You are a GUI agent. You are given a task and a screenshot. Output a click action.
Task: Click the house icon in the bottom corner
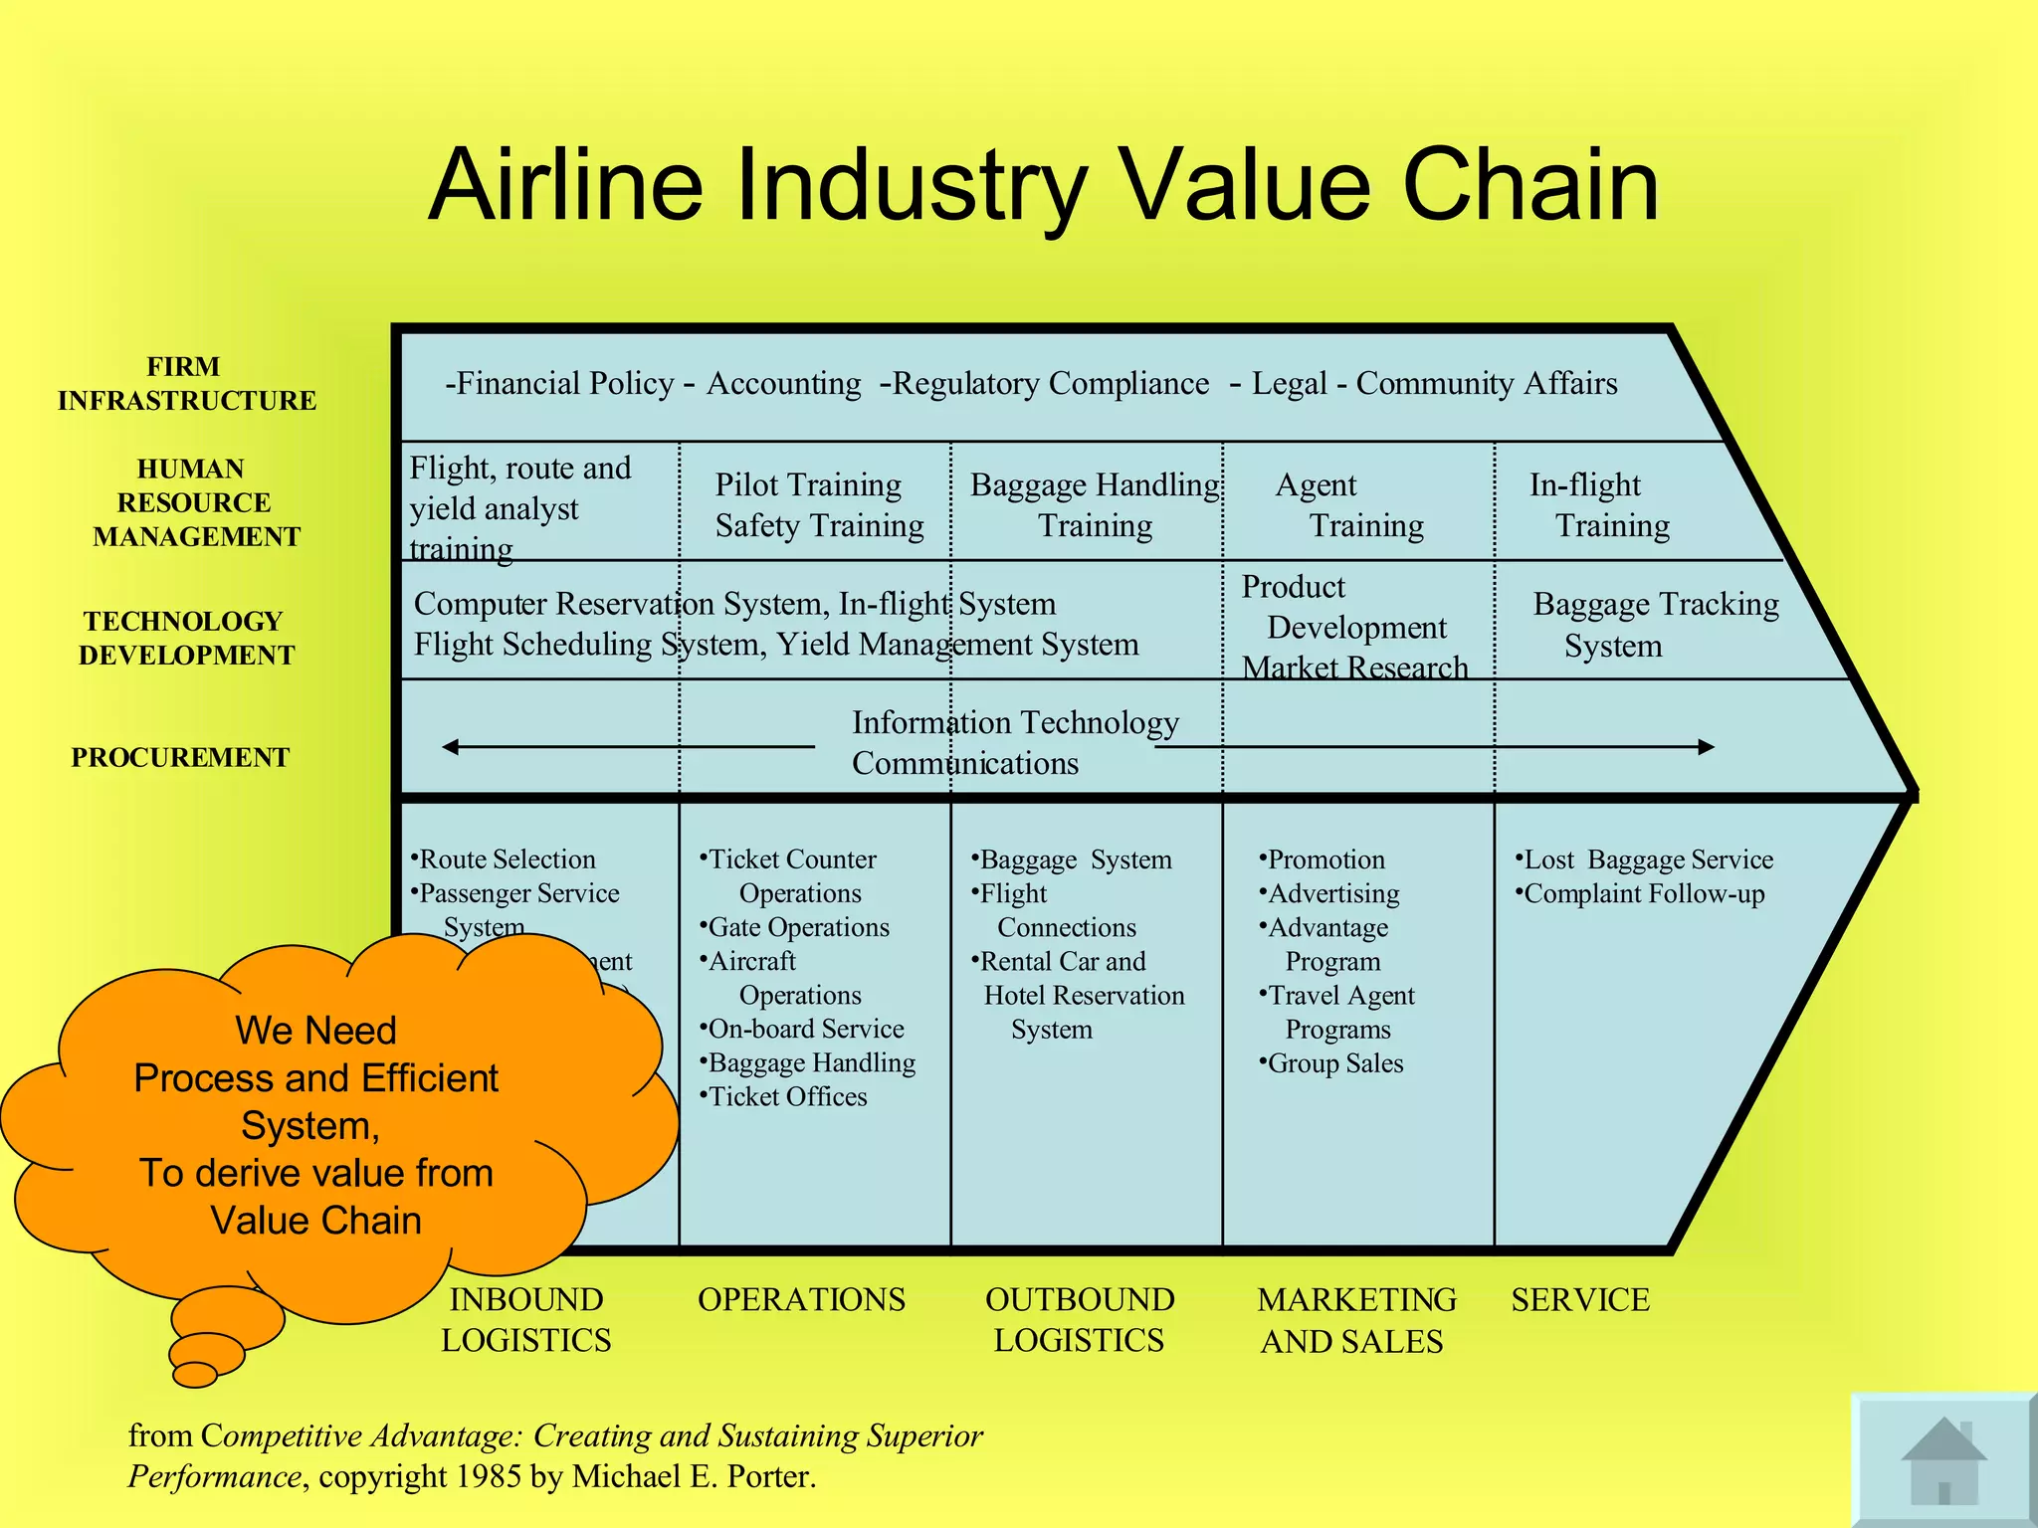pyautogui.click(x=1942, y=1460)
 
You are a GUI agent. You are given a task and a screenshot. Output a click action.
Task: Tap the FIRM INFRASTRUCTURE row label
pyautogui.click(x=186, y=383)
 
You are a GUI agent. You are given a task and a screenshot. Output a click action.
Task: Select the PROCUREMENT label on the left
pyautogui.click(x=180, y=757)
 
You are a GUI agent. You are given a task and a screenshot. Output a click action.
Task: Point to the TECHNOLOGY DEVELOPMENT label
pyautogui.click(x=186, y=638)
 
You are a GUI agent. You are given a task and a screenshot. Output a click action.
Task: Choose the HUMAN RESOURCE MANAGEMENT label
pyautogui.click(x=195, y=502)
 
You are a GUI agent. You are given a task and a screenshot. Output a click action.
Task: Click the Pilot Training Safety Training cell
pyautogui.click(x=818, y=504)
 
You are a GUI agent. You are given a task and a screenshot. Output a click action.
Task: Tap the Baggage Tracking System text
pyautogui.click(x=1655, y=624)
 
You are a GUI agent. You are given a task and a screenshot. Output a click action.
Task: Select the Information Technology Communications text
pyautogui.click(x=1015, y=742)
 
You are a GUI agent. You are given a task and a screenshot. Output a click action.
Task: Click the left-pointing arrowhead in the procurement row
pyautogui.click(x=451, y=746)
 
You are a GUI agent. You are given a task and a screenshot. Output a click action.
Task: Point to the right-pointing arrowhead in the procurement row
pyautogui.click(x=1706, y=746)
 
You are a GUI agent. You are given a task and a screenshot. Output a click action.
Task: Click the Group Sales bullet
pyautogui.click(x=1333, y=1063)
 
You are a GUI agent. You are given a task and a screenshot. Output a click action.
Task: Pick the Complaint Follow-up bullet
pyautogui.click(x=1643, y=893)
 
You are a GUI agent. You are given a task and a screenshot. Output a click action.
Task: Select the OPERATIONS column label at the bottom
pyautogui.click(x=801, y=1299)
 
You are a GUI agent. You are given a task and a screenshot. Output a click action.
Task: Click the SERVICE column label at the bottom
pyautogui.click(x=1580, y=1299)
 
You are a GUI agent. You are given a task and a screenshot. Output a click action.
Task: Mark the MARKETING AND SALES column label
pyautogui.click(x=1355, y=1320)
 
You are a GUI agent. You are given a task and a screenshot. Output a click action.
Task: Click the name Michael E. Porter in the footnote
pyautogui.click(x=694, y=1476)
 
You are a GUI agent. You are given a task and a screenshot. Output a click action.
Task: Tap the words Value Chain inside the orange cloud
pyautogui.click(x=316, y=1220)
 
